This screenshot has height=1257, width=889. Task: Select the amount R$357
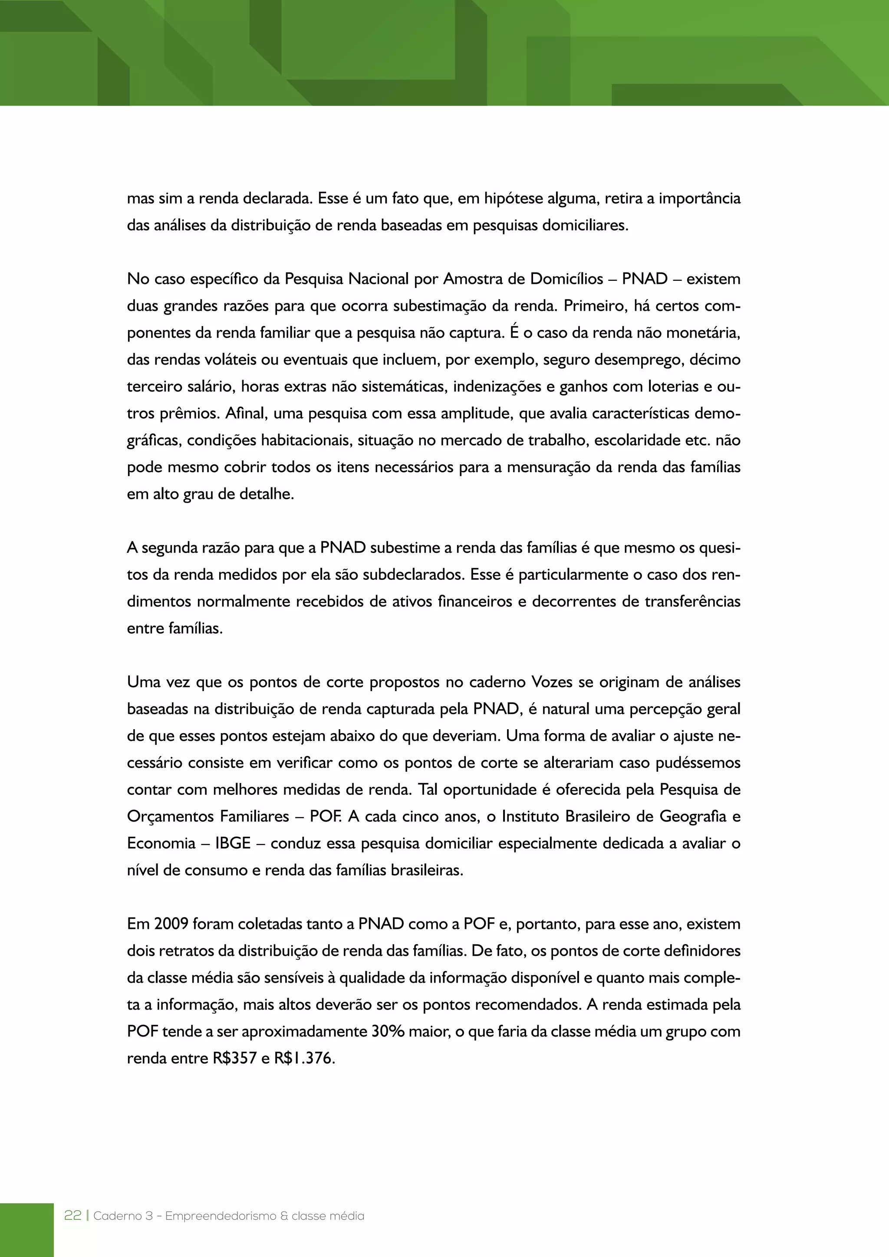235,1058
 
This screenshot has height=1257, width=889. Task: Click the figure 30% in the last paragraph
388,1031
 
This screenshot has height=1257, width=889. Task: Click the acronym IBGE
233,843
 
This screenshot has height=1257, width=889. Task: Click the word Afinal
246,413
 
